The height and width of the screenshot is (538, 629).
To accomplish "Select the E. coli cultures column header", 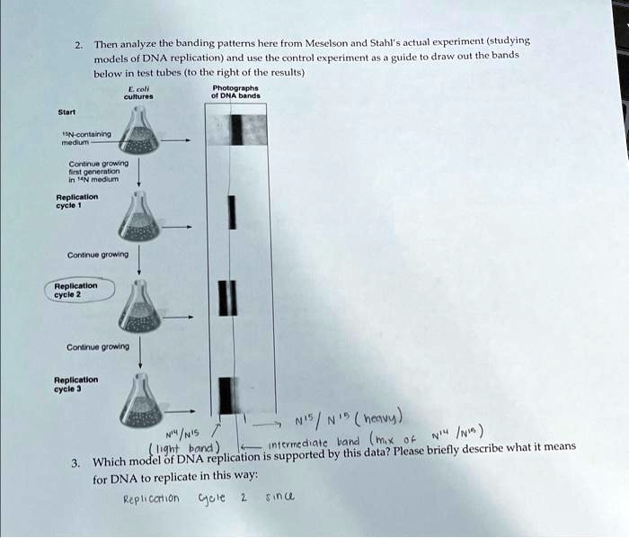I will tap(141, 91).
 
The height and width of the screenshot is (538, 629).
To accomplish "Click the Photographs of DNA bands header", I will tap(235, 91).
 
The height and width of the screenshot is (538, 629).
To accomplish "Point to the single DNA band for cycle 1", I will tap(233, 213).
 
